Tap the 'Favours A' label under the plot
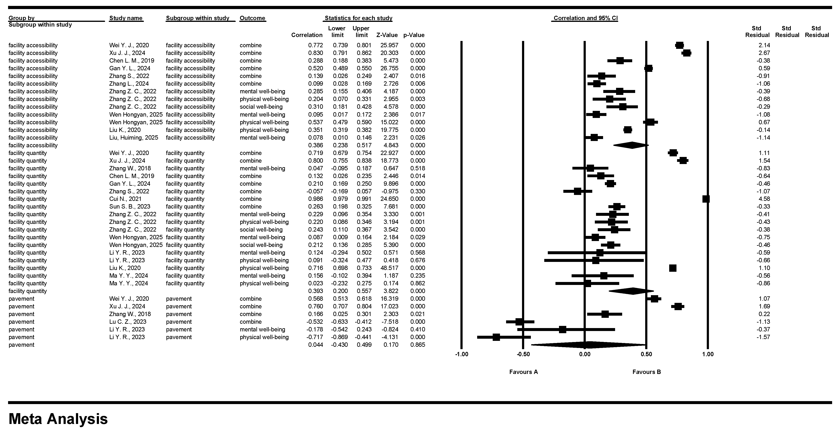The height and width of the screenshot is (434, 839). pyautogui.click(x=523, y=372)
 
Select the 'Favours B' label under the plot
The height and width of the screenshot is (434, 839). pyautogui.click(x=647, y=372)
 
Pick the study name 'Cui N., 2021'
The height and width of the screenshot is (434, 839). pyautogui.click(x=125, y=199)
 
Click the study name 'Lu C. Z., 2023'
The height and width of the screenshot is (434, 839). pyautogui.click(x=128, y=322)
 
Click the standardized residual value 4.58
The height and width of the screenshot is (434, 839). pyautogui.click(x=764, y=199)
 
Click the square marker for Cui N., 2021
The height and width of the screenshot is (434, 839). pyautogui.click(x=706, y=199)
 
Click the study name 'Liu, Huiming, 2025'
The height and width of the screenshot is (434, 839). pyautogui.click(x=134, y=138)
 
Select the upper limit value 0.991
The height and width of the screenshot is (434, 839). pyautogui.click(x=364, y=199)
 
